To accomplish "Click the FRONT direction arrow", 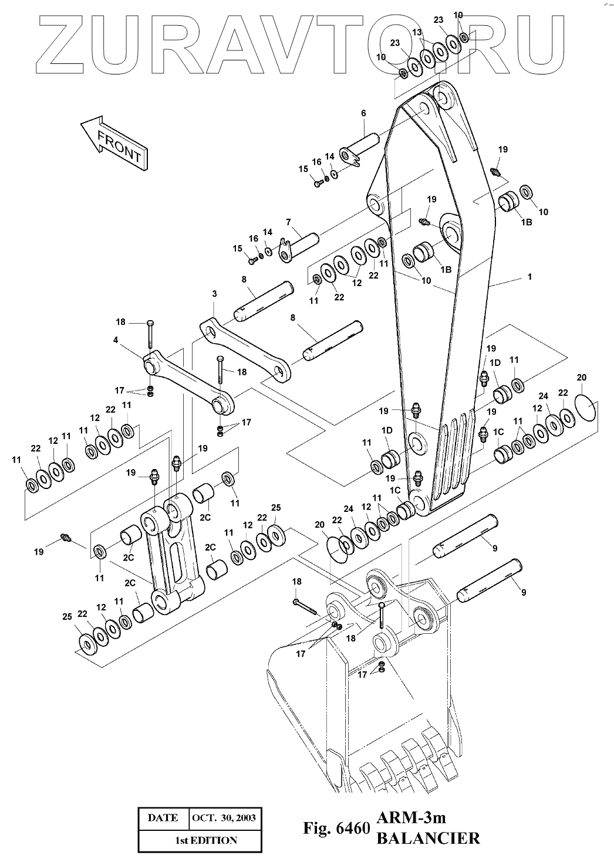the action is point(114,143).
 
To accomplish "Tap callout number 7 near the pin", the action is point(288,222).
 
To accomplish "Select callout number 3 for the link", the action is point(214,294).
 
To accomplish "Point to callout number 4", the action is point(116,339).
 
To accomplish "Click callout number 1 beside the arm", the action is point(530,277).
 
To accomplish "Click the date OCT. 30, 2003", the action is point(224,817).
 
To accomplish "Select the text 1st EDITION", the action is point(206,840).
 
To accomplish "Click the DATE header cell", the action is point(163,817).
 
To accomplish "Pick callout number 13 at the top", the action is point(417,32).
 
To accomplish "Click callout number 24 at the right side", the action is point(543,396).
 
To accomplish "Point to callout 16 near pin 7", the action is point(254,239).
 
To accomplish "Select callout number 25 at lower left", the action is point(67,617).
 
